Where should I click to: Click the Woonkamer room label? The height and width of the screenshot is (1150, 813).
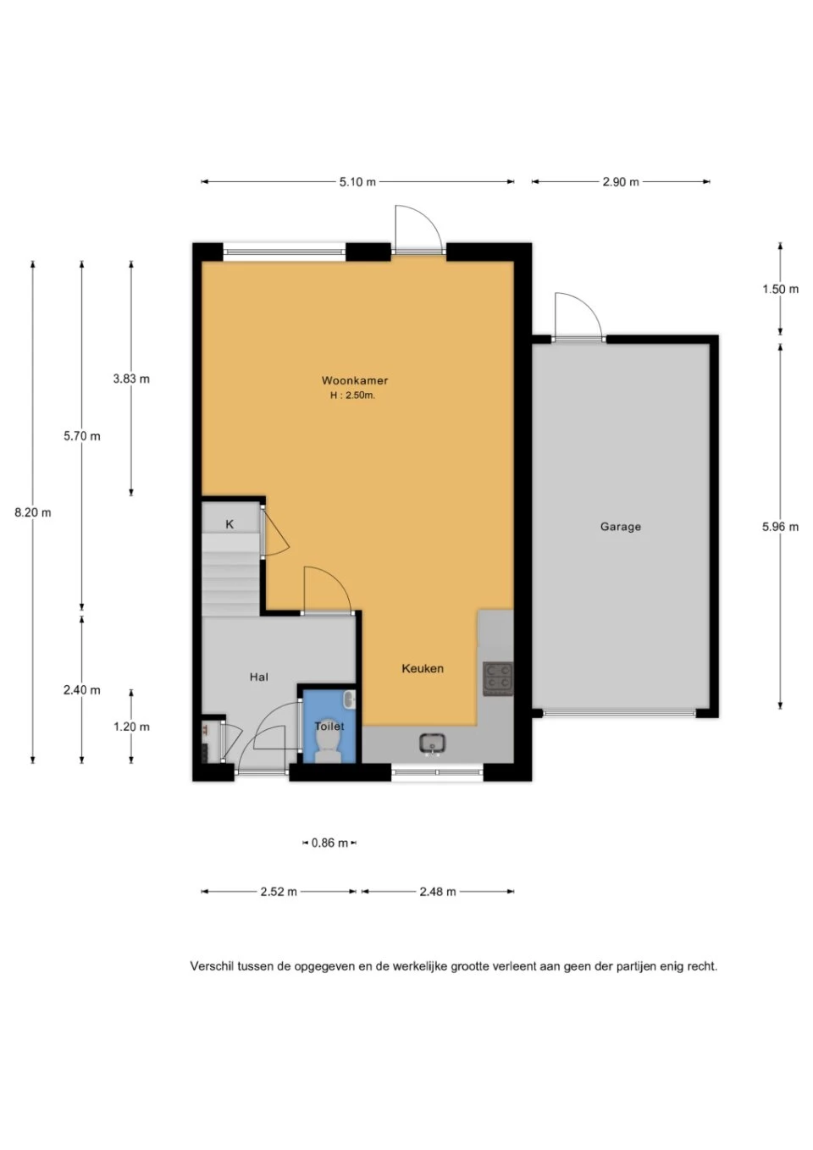tap(355, 380)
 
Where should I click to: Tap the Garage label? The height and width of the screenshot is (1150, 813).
tap(621, 526)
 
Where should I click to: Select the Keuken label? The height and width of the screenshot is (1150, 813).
tap(423, 668)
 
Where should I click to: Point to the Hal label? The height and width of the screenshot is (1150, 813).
tap(258, 677)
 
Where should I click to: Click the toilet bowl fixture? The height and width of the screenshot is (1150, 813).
tap(329, 744)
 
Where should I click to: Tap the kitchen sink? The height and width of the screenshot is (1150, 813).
tap(432, 744)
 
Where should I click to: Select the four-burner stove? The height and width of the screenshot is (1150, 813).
tap(498, 678)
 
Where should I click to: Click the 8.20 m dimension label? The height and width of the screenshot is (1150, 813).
tap(33, 511)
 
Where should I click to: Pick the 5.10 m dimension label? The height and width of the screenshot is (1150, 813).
tap(357, 182)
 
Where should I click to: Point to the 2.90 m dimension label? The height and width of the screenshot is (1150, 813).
tap(621, 182)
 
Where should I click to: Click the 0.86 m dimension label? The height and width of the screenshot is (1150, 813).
tap(329, 843)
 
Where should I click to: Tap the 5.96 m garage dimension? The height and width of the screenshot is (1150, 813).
tap(780, 526)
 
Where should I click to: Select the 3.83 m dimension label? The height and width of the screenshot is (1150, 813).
tap(131, 379)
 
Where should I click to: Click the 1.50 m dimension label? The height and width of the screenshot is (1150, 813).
tap(780, 289)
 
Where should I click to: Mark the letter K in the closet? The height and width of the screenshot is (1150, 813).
tap(230, 524)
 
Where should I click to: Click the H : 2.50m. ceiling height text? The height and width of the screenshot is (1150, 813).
tap(352, 395)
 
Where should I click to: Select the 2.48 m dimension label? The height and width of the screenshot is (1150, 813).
tap(437, 891)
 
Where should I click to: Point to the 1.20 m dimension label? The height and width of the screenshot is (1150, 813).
tap(131, 727)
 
